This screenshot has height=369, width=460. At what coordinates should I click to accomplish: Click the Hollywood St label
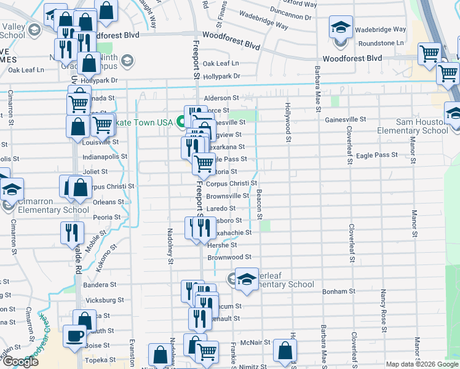287,122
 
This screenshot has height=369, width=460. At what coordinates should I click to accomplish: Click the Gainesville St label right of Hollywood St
345,119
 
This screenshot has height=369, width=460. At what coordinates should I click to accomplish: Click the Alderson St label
221,98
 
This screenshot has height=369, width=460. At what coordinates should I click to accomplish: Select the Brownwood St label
229,256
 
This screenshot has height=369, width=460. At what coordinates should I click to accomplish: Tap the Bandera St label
100,285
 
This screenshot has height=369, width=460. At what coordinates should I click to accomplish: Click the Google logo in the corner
20,362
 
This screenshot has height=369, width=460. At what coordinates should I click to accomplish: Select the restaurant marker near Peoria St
72,232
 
